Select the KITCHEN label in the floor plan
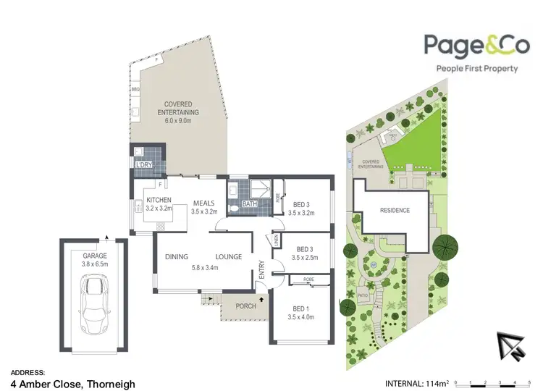[x=159, y=200]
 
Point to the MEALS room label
[x=203, y=203]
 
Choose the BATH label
[x=250, y=204]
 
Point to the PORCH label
[x=245, y=306]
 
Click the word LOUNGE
[x=227, y=256]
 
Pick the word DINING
[x=177, y=256]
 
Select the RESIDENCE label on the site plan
[x=395, y=211]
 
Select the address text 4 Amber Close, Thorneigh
[x=72, y=384]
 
